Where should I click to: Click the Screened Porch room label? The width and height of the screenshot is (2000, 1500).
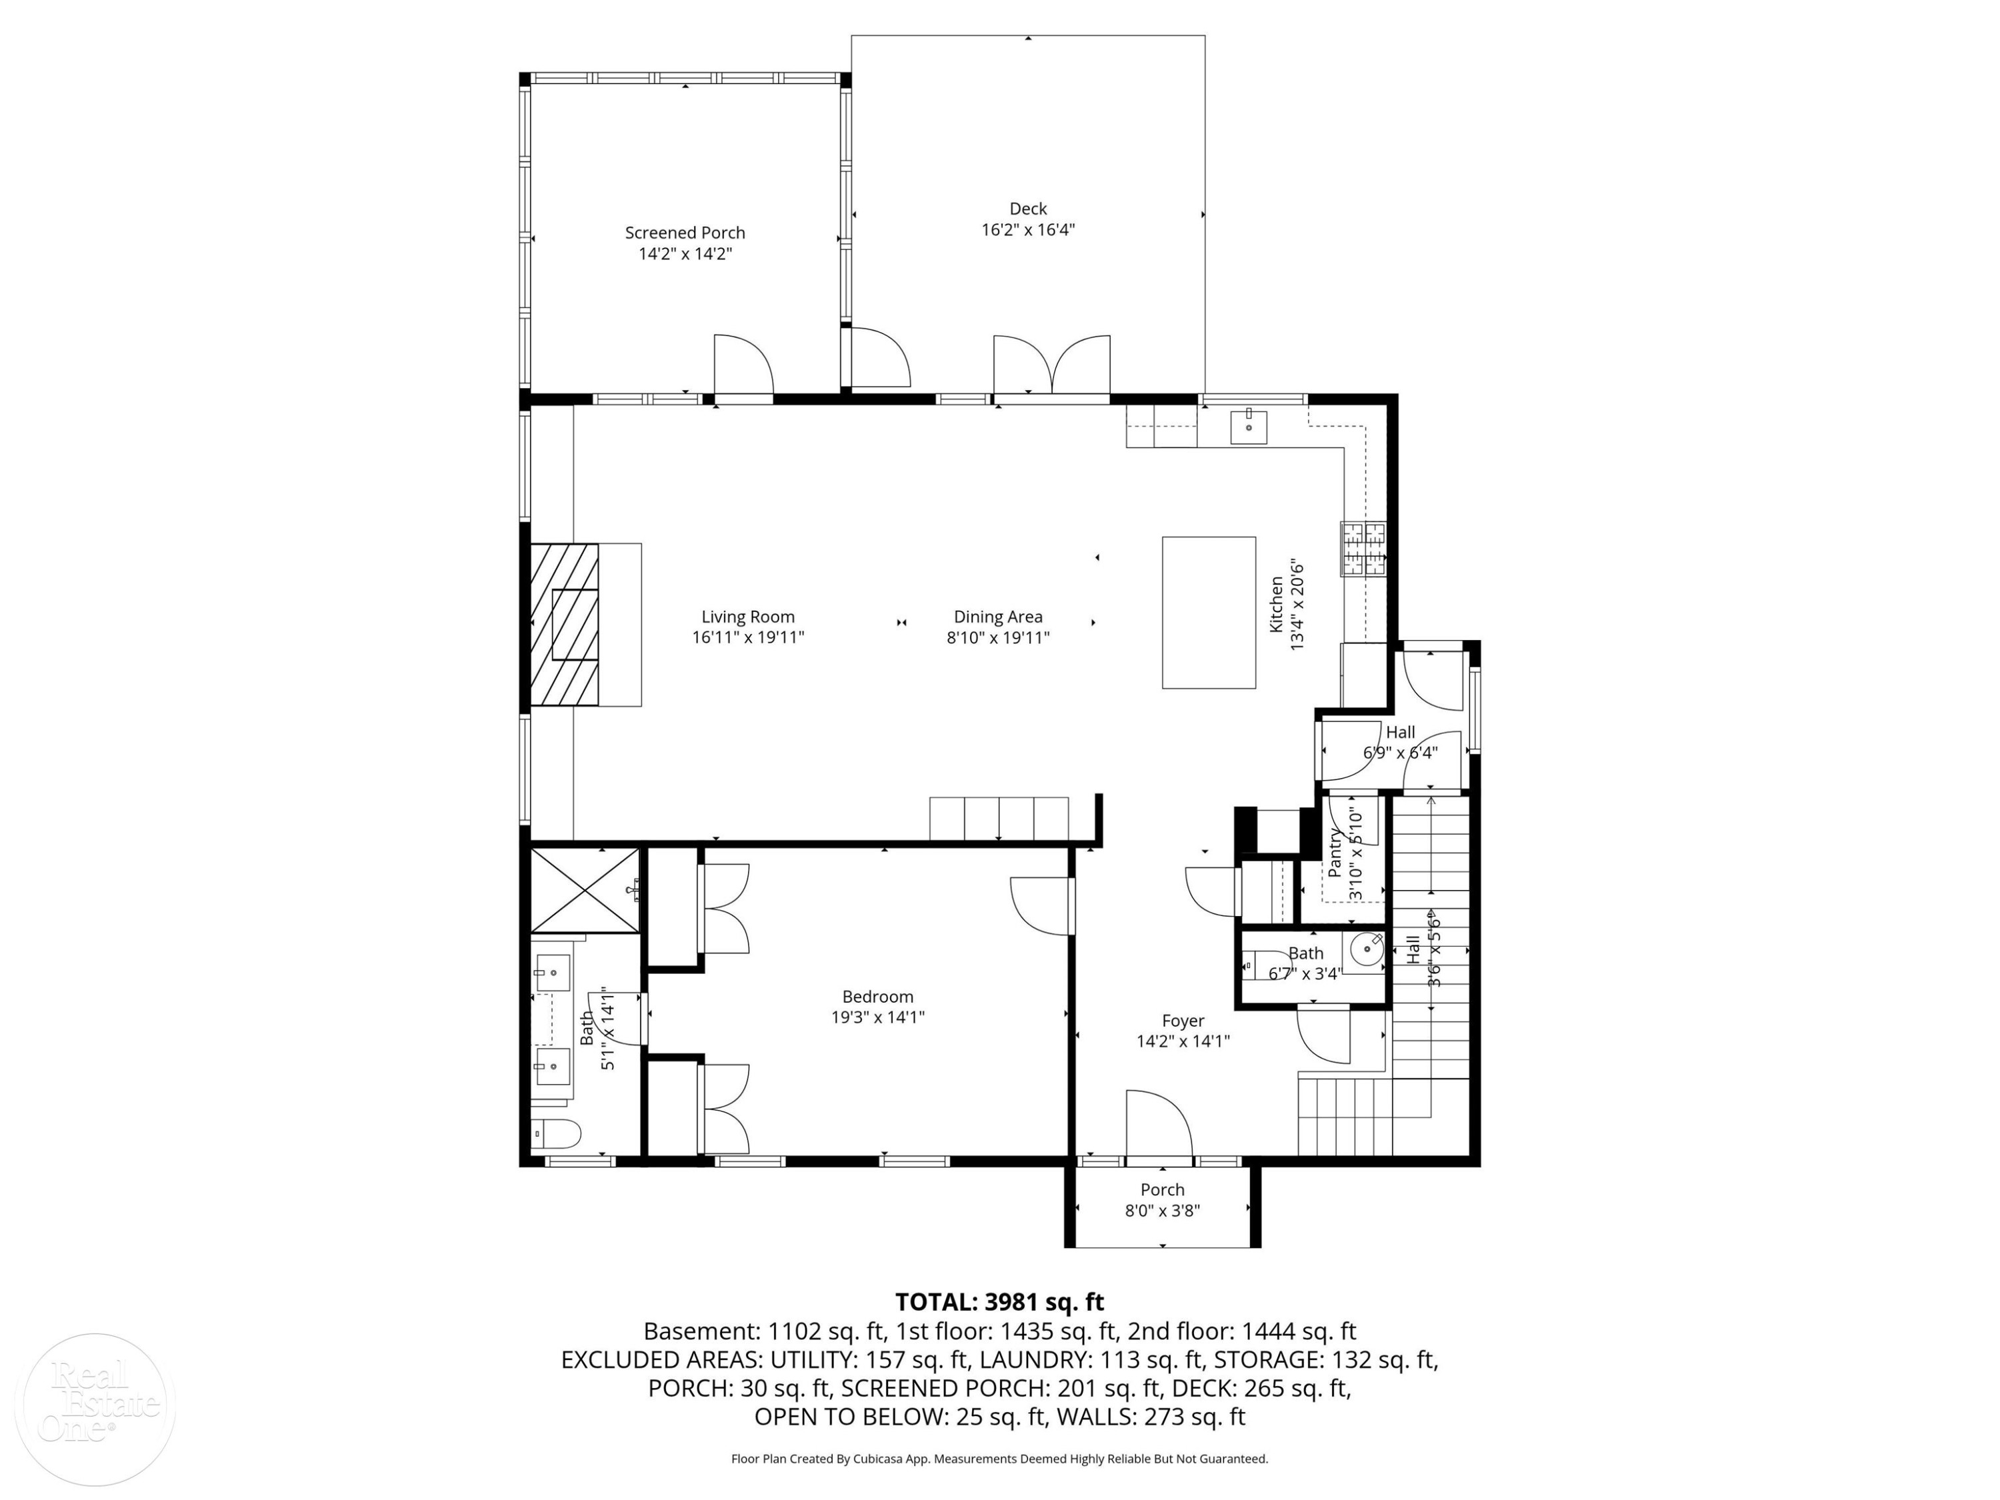[x=685, y=233]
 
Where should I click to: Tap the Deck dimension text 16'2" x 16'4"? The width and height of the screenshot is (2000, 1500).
[x=1028, y=229]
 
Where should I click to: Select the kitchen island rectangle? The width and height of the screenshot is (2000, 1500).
[x=1209, y=613]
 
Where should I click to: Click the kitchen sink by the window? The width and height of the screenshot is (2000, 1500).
[x=1249, y=427]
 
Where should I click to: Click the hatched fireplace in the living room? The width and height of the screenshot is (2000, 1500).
[x=564, y=624]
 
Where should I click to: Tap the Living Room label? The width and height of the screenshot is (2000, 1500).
[x=748, y=617]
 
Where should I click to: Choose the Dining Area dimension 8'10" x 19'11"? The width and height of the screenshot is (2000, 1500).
[x=998, y=637]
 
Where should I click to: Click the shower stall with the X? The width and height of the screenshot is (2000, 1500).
[x=585, y=890]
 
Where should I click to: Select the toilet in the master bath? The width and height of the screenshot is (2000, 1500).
[x=556, y=1133]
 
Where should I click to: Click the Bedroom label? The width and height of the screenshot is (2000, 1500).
[x=878, y=997]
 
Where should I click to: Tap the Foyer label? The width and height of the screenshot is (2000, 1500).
[x=1183, y=1021]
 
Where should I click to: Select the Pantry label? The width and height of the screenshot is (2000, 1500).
[x=1335, y=852]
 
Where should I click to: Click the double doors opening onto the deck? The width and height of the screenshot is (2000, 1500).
[x=1051, y=365]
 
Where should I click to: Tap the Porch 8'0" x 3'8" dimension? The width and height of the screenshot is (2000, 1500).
[x=1162, y=1211]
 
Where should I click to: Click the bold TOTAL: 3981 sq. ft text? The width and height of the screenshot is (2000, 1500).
[x=999, y=1302]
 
